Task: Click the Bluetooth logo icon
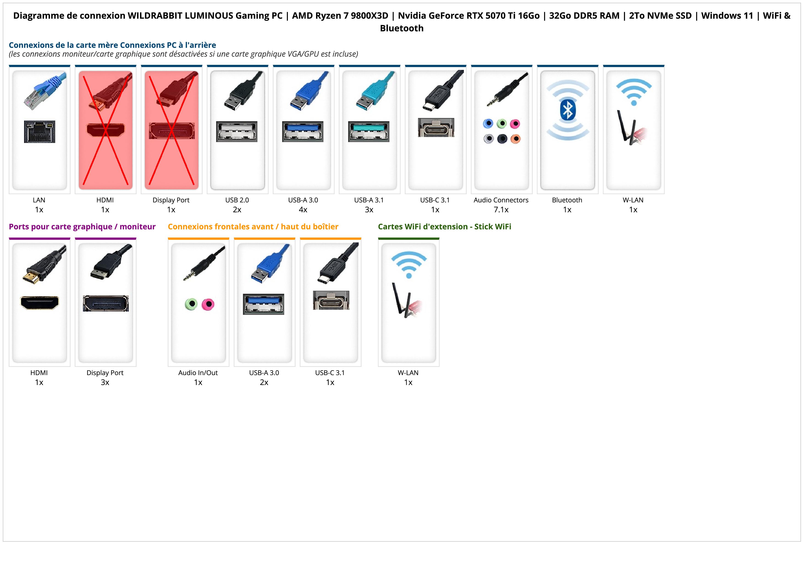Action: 567,111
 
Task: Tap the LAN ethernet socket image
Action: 40,132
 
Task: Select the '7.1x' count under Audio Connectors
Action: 501,210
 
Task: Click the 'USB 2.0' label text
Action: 237,200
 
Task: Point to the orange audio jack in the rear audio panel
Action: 515,139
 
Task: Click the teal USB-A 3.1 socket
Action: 369,131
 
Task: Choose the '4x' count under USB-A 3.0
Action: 303,210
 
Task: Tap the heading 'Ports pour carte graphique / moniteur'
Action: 82,227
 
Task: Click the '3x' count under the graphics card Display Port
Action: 105,382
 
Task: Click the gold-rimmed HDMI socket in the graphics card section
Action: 40,303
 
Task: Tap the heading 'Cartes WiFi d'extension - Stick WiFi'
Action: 444,227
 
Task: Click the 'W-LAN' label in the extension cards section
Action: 408,373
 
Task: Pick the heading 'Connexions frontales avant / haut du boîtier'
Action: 253,227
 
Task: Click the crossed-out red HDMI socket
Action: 105,130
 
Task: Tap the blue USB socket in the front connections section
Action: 264,304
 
